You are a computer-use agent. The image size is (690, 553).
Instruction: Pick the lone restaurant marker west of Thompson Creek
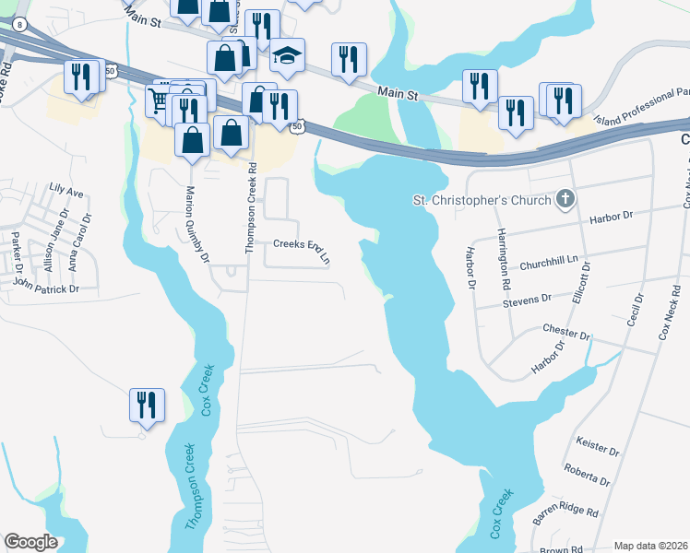[x=146, y=406]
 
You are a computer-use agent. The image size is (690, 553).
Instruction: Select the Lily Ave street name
[x=66, y=194]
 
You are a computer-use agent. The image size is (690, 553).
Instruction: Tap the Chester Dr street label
[x=566, y=333]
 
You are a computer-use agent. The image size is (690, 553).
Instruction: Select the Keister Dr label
[x=596, y=447]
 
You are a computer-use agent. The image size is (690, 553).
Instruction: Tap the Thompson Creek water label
[x=192, y=488]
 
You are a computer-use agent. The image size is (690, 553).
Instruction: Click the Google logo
[x=31, y=542]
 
